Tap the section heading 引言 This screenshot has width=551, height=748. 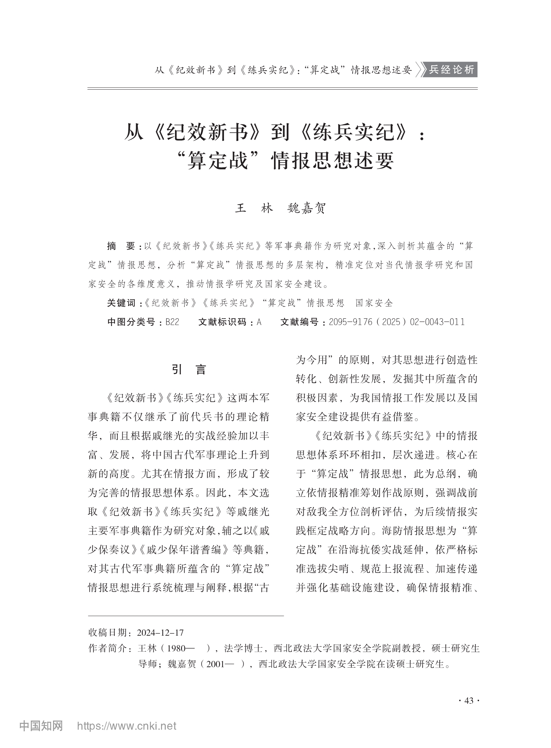click(x=189, y=369)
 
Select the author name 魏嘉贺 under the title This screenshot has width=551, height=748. click(x=306, y=208)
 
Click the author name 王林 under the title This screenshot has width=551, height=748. click(x=254, y=208)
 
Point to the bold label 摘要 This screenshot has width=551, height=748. click(x=121, y=246)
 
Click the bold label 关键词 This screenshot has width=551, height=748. click(x=121, y=303)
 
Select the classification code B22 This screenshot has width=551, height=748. click(x=172, y=322)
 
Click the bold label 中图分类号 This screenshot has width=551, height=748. click(x=131, y=322)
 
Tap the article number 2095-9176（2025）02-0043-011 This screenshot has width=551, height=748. click(x=396, y=322)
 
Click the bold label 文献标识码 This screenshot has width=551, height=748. click(x=222, y=322)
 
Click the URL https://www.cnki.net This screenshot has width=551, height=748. click(x=126, y=726)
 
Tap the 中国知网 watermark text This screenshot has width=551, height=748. click(x=41, y=726)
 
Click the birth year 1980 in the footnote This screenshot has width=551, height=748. click(x=176, y=648)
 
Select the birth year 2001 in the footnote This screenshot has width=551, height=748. click(x=215, y=664)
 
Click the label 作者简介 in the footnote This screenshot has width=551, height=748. click(x=108, y=648)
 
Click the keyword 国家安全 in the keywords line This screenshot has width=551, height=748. click(x=374, y=303)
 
